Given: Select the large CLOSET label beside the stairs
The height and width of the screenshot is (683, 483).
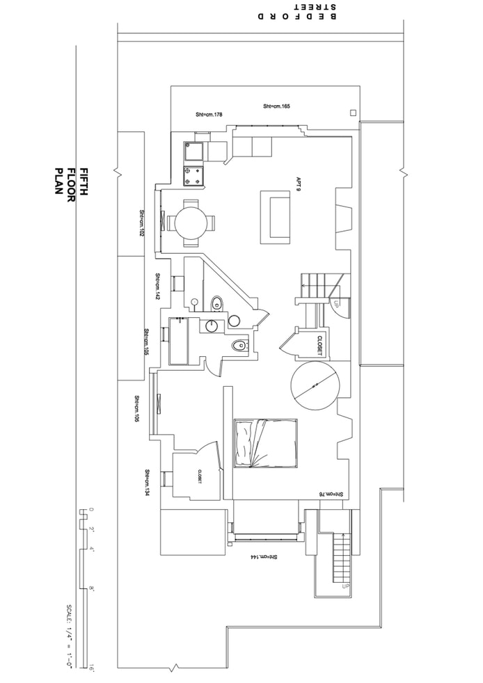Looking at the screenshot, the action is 319,346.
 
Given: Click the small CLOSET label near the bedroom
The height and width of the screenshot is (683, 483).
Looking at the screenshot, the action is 199,476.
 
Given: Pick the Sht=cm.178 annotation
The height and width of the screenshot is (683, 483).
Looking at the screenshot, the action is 208,114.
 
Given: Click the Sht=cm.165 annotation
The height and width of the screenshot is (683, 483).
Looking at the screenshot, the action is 276,106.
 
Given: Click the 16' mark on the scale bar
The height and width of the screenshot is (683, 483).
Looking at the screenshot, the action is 91,669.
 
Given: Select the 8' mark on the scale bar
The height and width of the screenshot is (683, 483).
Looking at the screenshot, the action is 91,589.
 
